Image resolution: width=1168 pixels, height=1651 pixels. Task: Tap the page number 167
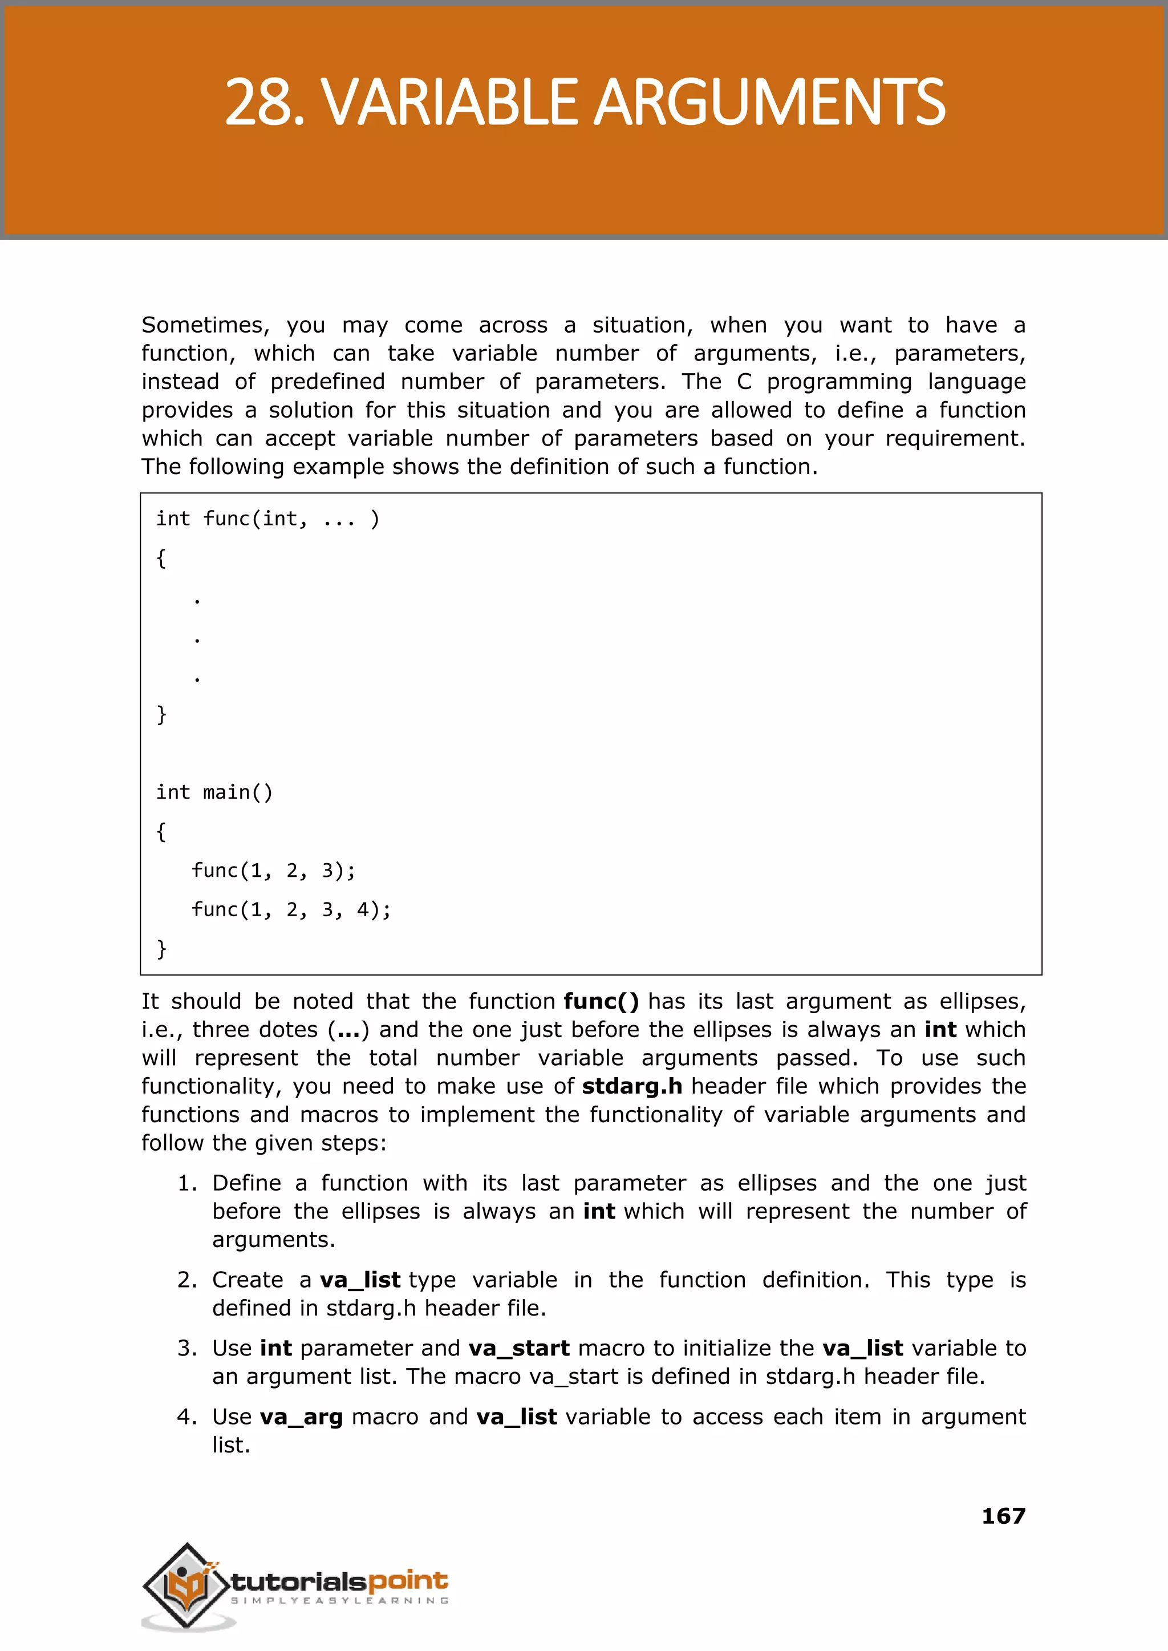[1003, 1516]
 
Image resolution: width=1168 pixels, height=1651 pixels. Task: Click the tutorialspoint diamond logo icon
[185, 1585]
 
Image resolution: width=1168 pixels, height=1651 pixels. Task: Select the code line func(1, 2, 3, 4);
[291, 910]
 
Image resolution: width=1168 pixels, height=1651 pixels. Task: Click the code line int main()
[214, 792]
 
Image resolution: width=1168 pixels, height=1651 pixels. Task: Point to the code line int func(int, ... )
[267, 519]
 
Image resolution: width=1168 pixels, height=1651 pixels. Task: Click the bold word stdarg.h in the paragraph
[631, 1086]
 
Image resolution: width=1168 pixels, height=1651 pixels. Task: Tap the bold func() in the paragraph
[601, 1001]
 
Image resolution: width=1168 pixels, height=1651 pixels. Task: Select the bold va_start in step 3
[518, 1348]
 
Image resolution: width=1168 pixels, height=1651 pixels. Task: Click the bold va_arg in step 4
[301, 1417]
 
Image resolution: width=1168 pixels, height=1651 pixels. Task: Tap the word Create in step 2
[248, 1280]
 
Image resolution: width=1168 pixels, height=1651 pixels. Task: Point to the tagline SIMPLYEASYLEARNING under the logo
[339, 1601]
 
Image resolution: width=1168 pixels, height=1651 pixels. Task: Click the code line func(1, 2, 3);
[273, 871]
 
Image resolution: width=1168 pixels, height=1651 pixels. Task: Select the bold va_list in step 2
[360, 1280]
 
